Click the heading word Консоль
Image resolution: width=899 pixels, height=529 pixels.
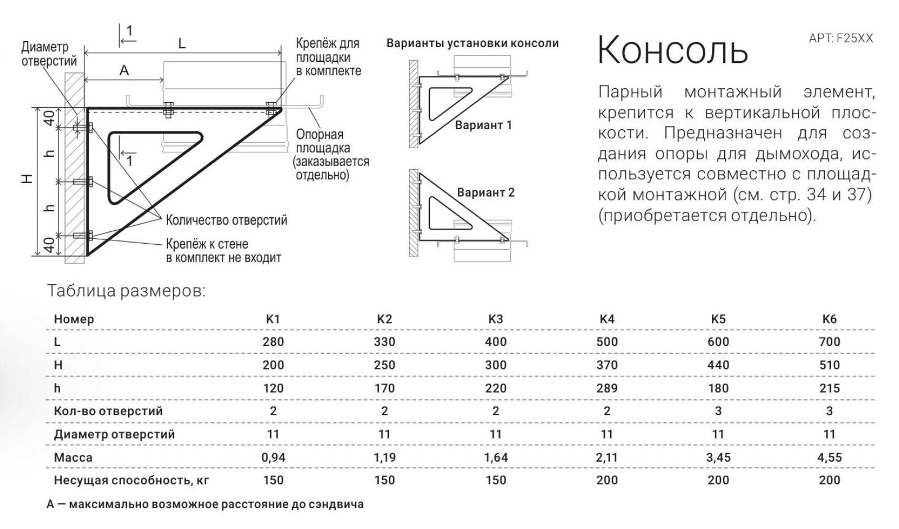point(672,50)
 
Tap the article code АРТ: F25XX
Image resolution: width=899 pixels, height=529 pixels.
point(841,38)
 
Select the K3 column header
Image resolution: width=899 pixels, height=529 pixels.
point(496,319)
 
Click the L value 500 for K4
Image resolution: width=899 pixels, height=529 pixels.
point(607,341)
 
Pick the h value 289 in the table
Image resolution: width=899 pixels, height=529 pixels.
point(607,388)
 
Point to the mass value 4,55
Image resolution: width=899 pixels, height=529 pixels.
point(829,458)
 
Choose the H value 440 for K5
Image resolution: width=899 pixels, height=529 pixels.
point(718,365)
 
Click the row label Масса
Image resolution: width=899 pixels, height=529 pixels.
point(73,458)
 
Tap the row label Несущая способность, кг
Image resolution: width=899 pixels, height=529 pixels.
point(131,481)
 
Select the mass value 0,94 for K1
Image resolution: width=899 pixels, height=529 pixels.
point(273,458)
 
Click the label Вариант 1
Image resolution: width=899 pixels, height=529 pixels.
point(483,125)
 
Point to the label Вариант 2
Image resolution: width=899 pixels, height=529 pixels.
point(485,193)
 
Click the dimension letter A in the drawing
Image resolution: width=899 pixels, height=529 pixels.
point(124,70)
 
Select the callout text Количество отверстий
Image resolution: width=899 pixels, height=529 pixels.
point(226,220)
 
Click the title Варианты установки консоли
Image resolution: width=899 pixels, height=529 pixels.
point(472,43)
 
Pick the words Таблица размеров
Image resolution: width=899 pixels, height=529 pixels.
point(126,291)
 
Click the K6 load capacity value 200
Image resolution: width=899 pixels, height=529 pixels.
point(829,481)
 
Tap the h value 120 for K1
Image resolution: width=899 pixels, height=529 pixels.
point(273,388)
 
